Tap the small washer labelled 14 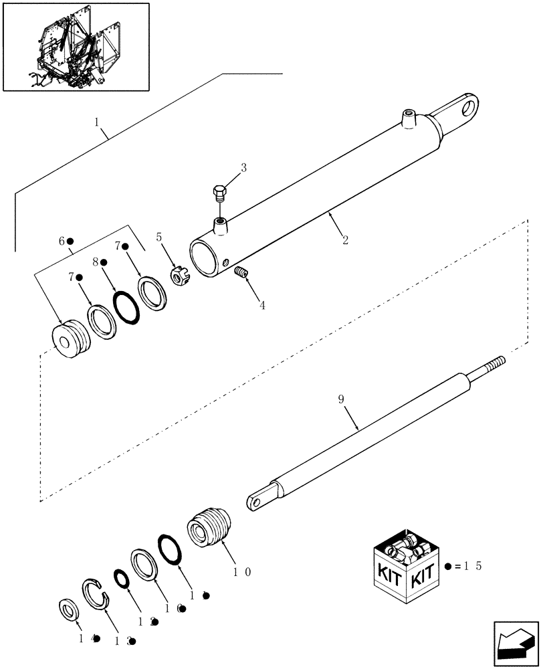68,610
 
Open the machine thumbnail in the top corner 76,46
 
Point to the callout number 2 345,240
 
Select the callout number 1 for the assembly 97,122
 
